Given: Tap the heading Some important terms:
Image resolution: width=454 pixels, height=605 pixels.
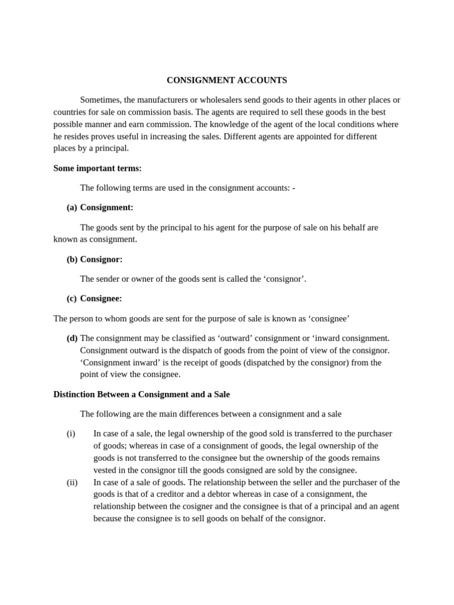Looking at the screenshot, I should click(x=98, y=168).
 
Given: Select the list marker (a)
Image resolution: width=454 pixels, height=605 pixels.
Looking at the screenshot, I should click(x=72, y=207).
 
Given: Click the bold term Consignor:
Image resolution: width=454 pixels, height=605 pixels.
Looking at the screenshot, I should click(x=101, y=259).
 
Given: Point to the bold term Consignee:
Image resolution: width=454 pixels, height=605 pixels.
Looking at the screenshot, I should click(x=101, y=298).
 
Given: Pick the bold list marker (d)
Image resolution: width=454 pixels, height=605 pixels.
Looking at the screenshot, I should click(x=72, y=338).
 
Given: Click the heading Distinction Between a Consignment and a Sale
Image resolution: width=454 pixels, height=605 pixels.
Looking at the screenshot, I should click(x=141, y=394).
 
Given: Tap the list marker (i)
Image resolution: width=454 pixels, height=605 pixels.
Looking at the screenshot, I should click(x=71, y=434).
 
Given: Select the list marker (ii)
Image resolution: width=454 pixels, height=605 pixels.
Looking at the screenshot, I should click(x=72, y=482).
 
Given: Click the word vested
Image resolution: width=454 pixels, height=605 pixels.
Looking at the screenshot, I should click(x=105, y=470).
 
